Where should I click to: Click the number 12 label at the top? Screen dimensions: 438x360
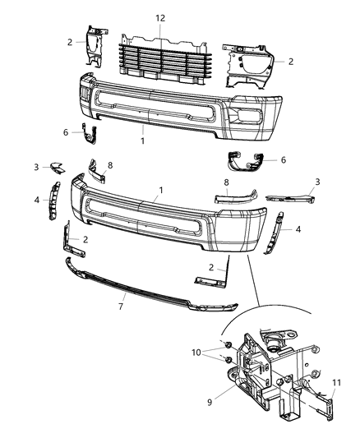161,17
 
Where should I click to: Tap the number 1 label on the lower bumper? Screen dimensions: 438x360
161,190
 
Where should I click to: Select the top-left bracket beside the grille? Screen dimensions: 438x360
95,44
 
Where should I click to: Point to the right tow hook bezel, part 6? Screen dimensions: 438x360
243,162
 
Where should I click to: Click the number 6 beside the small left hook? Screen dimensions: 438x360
66,131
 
